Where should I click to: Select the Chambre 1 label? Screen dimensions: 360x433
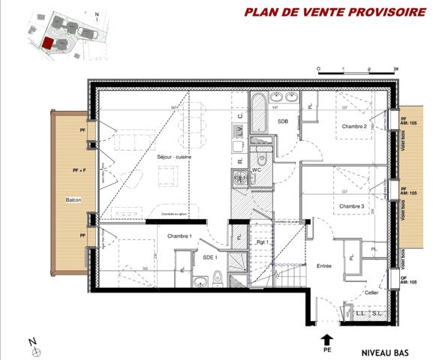coord(179,236)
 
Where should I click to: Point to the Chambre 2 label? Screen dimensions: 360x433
coord(354,126)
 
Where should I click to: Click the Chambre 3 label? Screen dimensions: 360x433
coord(351,205)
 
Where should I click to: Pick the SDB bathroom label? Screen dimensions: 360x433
coord(283,121)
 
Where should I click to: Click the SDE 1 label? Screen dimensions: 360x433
coord(210,257)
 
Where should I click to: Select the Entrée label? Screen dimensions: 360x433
coord(324,265)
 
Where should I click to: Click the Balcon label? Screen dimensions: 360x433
coord(73,199)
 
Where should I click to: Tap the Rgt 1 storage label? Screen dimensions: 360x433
coord(263,242)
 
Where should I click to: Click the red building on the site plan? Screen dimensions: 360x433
coord(47,43)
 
